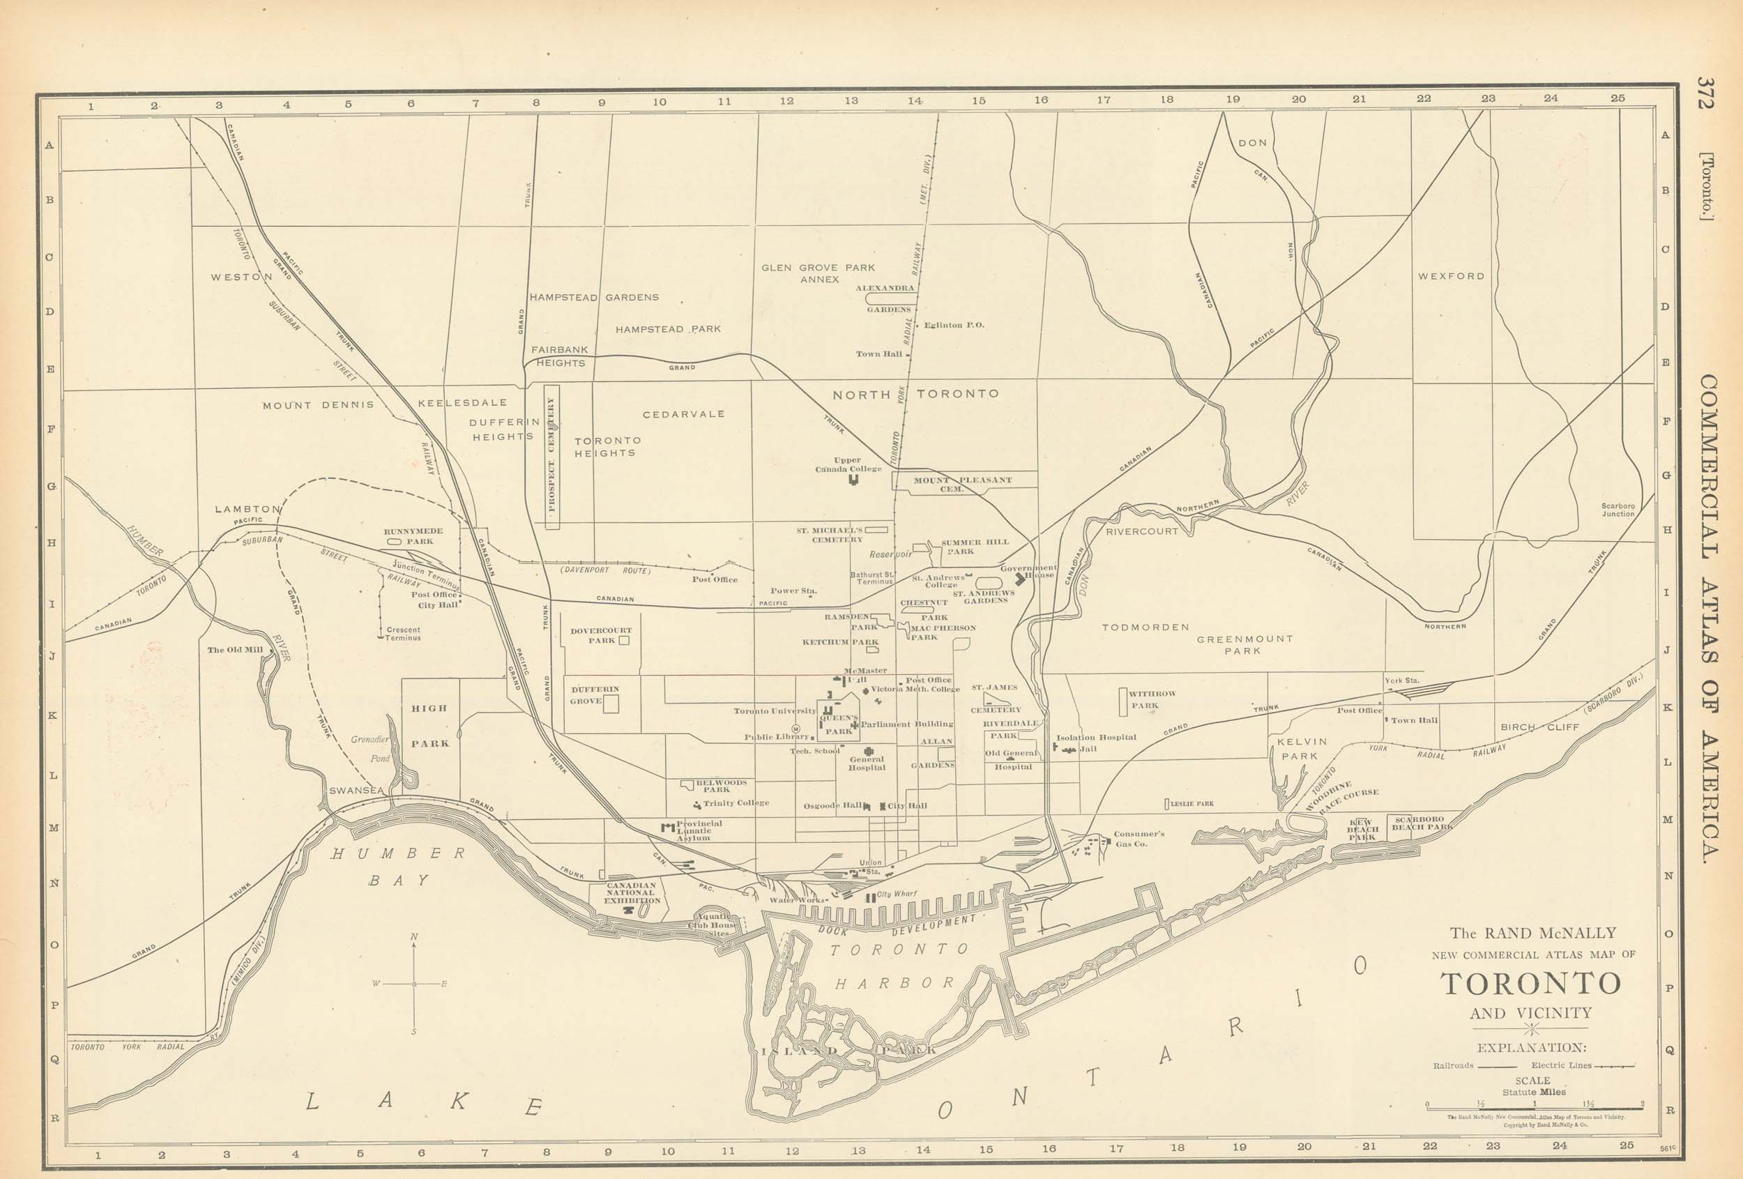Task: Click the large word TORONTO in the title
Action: (1531, 983)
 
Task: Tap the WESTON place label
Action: (241, 277)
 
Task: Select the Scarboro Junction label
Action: (1618, 510)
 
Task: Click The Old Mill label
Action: (235, 650)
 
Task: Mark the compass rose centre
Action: (414, 983)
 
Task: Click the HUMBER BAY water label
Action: (399, 866)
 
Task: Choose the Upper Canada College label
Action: (848, 465)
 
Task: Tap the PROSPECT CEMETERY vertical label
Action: (552, 455)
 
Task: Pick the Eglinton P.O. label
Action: (953, 326)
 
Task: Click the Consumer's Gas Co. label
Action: (1138, 839)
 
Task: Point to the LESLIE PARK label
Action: (1191, 804)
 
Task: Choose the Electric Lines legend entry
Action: (1583, 1065)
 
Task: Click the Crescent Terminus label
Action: (404, 634)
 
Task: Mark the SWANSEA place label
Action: (356, 791)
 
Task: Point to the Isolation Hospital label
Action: (1096, 737)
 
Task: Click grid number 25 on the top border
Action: (1617, 98)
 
